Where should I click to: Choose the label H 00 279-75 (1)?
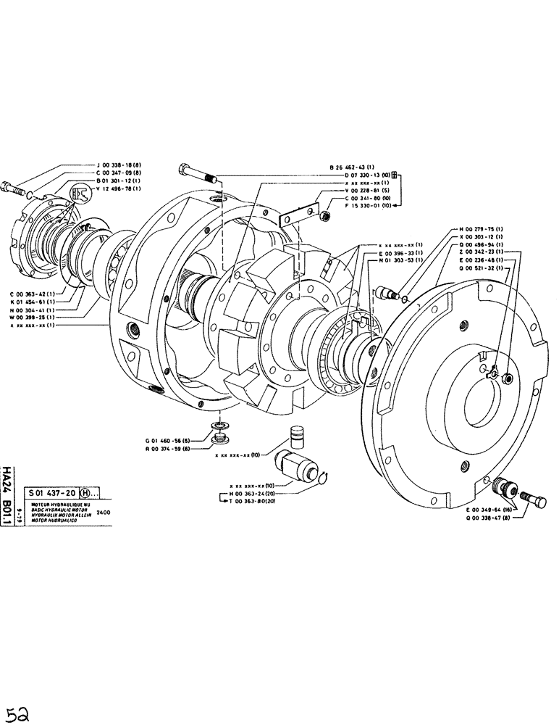474,229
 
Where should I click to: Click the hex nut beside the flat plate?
325,215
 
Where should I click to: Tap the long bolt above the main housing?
198,174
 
